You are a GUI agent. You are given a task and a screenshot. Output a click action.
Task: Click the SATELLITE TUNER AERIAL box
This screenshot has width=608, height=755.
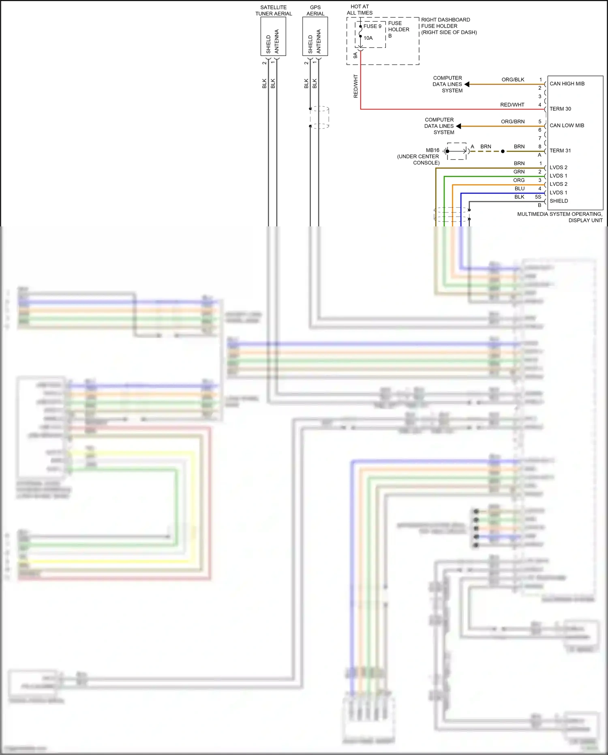tap(273, 37)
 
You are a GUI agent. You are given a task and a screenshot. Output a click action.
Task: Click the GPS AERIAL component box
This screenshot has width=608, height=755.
tap(315, 37)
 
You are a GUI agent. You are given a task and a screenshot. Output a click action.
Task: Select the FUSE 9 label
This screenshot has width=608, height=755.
tap(372, 26)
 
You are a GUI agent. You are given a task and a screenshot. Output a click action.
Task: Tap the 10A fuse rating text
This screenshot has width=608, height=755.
tap(368, 38)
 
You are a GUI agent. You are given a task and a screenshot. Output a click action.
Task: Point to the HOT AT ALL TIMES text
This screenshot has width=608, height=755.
tap(360, 10)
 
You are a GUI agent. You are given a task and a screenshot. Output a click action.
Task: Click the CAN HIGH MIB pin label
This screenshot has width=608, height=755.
tap(567, 84)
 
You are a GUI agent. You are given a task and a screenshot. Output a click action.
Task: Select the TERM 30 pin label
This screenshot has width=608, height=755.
tap(560, 109)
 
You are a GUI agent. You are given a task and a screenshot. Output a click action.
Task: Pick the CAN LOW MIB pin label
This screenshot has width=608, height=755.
tap(567, 126)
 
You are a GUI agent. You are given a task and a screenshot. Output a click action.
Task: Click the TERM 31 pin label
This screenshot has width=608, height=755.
tap(560, 151)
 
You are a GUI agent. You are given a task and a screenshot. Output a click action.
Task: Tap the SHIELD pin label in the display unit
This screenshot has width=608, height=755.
tap(559, 201)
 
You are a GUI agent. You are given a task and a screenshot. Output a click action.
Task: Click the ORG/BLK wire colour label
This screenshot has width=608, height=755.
tap(513, 80)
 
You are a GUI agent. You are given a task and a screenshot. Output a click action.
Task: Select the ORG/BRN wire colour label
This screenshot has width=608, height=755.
tap(512, 122)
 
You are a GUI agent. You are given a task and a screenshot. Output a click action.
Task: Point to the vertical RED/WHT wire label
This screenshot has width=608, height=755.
tap(355, 86)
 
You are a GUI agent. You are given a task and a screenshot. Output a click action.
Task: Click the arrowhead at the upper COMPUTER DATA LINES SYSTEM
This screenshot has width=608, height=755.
tap(467, 84)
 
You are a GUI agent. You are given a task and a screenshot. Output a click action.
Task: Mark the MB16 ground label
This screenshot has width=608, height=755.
tap(432, 151)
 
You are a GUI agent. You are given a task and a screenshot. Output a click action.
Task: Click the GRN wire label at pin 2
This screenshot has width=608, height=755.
tap(519, 172)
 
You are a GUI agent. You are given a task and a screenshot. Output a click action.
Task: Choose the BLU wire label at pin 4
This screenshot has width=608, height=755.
tap(519, 189)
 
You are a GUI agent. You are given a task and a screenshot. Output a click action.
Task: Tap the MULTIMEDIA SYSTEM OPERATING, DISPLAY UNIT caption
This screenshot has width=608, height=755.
tap(559, 217)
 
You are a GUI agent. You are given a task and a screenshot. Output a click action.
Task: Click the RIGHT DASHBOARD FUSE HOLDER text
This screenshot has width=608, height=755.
tap(448, 26)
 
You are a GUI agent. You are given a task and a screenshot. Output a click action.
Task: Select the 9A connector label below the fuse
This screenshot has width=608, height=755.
tap(355, 55)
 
